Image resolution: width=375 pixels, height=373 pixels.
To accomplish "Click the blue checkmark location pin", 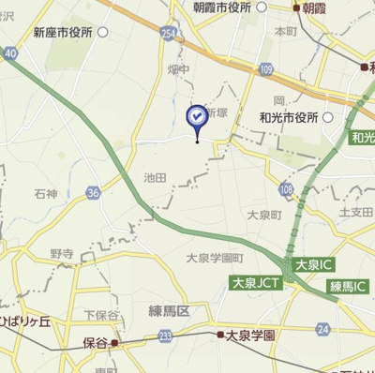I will (197, 117).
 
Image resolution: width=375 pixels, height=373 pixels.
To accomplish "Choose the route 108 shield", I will (285, 189).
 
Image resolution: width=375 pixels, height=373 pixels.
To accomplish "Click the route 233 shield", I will (165, 336).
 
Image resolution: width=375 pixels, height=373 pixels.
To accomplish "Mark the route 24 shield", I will (323, 328).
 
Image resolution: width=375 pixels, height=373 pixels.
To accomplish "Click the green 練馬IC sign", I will (346, 284).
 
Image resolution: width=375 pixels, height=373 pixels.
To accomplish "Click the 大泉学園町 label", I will (215, 258).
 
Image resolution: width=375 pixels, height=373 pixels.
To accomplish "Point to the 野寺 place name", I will (62, 254).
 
